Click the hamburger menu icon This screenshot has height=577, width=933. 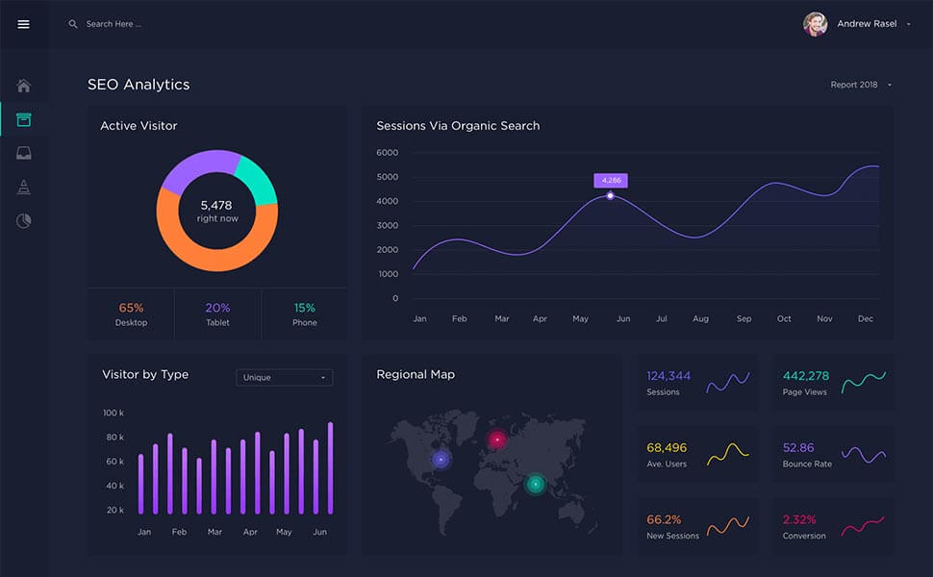click(x=24, y=24)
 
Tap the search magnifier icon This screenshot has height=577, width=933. click(x=73, y=24)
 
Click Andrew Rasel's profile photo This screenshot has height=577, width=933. click(x=815, y=24)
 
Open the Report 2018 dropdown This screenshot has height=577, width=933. click(x=861, y=85)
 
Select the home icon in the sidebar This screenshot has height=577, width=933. click(x=24, y=87)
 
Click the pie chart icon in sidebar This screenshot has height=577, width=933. click(x=24, y=221)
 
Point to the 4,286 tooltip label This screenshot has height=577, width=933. click(x=611, y=180)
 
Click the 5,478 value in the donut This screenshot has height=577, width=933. click(x=216, y=205)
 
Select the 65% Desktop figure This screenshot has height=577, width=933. click(x=131, y=308)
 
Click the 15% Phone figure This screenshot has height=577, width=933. click(x=304, y=308)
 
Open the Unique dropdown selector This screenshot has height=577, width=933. click(x=285, y=378)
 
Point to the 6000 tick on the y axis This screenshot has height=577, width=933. click(x=388, y=153)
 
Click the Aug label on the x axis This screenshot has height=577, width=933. click(x=700, y=318)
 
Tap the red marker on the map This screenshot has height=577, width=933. click(x=497, y=439)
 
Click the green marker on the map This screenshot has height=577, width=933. click(x=535, y=484)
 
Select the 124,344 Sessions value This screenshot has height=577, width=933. click(x=668, y=376)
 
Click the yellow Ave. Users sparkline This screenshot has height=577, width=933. click(x=728, y=454)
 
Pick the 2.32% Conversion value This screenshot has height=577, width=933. click(x=799, y=519)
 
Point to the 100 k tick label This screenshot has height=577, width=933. click(x=113, y=413)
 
